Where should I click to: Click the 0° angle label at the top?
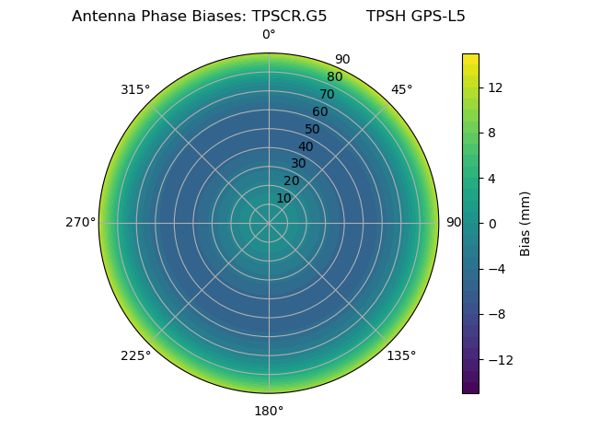[x=269, y=35]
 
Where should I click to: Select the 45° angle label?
[x=401, y=89]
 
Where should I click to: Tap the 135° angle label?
[x=401, y=355]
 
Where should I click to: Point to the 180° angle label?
[x=269, y=411]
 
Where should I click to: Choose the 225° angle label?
[x=135, y=355]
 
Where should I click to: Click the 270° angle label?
[x=80, y=222]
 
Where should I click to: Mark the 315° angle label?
[x=135, y=89]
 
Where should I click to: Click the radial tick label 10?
[x=283, y=198]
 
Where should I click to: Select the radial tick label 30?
[x=298, y=163]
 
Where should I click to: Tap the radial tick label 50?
[x=313, y=129]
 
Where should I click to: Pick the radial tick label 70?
[x=327, y=94]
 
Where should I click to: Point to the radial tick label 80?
[x=334, y=77]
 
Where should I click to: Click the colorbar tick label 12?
[x=494, y=87]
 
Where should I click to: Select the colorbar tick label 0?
[x=491, y=224]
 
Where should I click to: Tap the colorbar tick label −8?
[x=494, y=314]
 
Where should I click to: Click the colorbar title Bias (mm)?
[x=525, y=224]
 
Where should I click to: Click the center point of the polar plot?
[x=269, y=223]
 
